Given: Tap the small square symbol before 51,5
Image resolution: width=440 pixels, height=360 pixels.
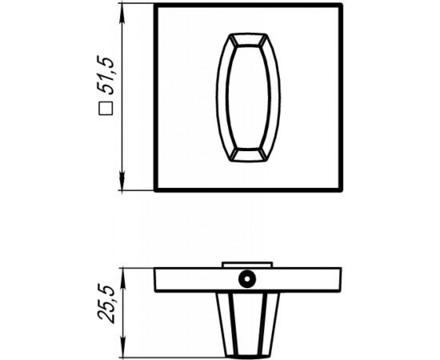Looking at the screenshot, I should [105, 113].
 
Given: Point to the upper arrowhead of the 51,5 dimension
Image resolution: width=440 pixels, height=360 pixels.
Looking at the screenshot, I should [122, 10].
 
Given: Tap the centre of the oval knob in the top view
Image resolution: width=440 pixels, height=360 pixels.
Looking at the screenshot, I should [250, 98].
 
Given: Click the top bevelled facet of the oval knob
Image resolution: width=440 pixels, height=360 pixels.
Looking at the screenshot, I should [250, 40].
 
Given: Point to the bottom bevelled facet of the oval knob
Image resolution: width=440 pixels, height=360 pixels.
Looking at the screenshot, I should [250, 154].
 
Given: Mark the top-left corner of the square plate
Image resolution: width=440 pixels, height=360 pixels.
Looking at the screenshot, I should [155, 6].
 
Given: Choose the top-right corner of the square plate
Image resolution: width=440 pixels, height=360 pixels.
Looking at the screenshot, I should [345, 6].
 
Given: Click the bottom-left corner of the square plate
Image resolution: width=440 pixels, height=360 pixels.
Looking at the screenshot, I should [155, 190].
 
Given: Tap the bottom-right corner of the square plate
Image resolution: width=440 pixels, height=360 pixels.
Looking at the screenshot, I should [345, 190].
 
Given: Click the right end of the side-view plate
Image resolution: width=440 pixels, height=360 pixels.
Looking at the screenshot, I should [343, 279].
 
